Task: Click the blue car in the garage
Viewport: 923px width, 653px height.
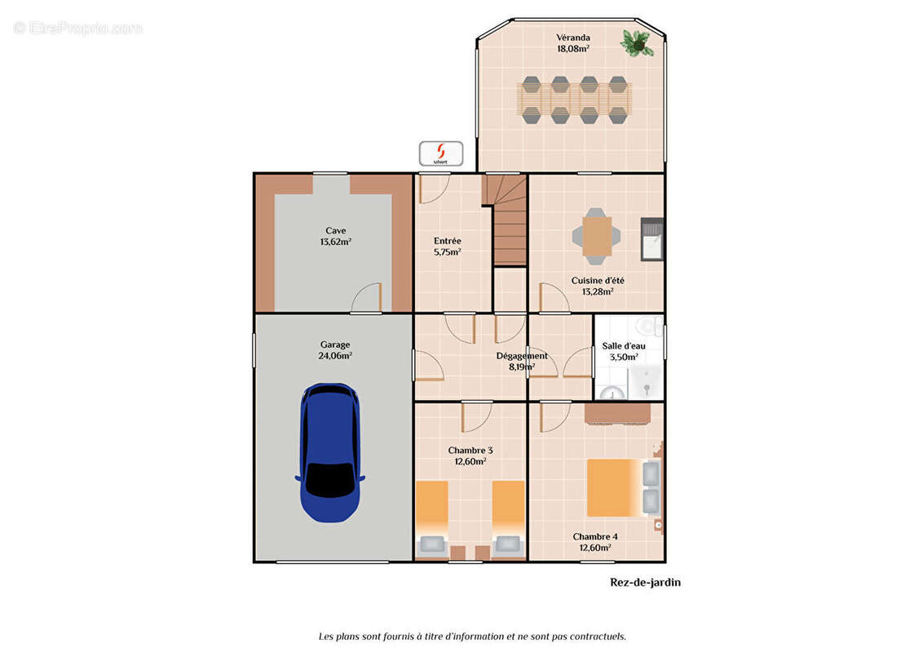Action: pos(329,452)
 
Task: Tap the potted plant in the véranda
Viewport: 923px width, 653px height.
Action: pos(636,42)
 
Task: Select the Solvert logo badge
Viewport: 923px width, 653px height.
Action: pos(440,153)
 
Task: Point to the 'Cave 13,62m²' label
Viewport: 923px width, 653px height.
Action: pos(335,236)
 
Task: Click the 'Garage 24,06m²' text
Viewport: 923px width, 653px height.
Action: pos(334,350)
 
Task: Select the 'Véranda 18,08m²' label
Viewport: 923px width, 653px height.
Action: pos(573,42)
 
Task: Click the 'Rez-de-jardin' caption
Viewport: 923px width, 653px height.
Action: pos(645,582)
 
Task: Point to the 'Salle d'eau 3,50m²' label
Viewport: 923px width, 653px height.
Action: pos(624,351)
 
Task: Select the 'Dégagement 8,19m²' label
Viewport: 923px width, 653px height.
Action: pos(522,361)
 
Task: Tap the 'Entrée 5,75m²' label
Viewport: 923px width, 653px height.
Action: pos(448,246)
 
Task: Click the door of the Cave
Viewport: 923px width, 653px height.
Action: pos(366,298)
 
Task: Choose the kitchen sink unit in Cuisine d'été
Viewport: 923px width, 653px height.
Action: pos(651,240)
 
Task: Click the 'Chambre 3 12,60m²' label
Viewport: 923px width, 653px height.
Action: pos(470,455)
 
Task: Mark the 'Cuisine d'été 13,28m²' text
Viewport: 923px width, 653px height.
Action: pos(598,286)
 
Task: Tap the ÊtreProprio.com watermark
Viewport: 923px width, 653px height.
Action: pos(78,28)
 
